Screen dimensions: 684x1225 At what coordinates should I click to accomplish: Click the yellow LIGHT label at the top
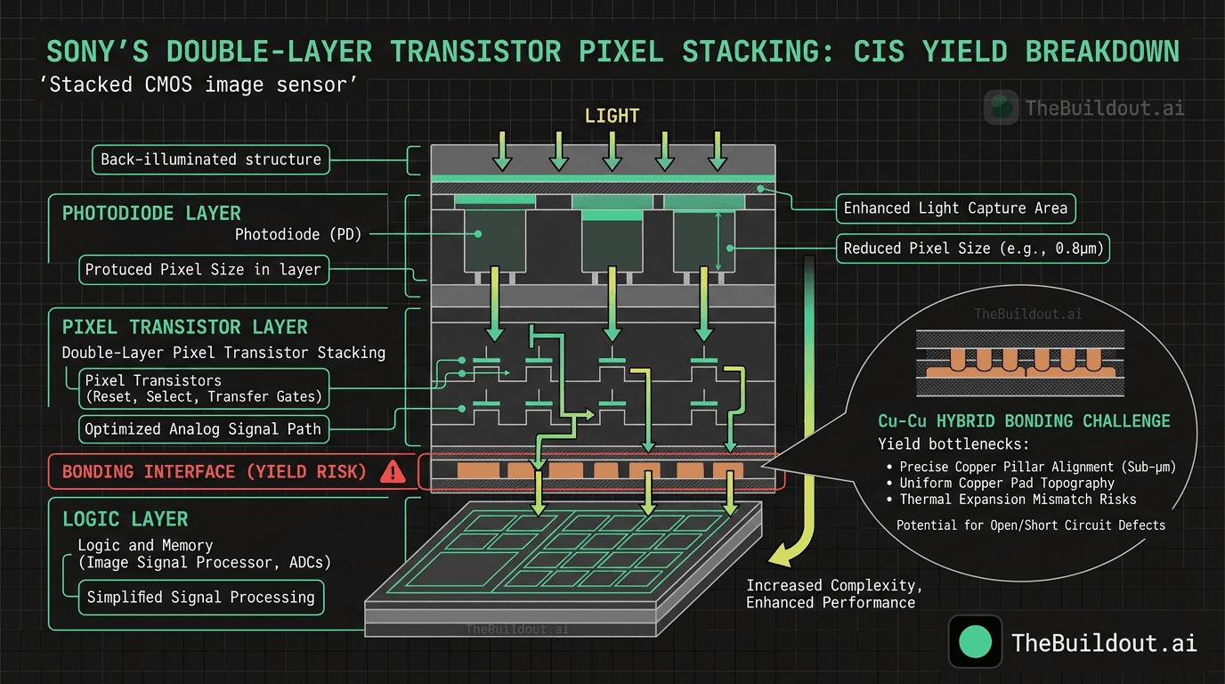[612, 116]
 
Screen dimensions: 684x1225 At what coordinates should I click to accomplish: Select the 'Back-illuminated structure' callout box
[210, 160]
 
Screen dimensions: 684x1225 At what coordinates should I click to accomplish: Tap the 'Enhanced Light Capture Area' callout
[955, 208]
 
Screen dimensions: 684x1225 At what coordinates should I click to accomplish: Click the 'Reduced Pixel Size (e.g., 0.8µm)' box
[974, 248]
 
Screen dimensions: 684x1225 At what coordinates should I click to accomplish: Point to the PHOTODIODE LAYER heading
[151, 214]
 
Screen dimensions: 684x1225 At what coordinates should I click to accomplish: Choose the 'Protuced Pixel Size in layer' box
[202, 270]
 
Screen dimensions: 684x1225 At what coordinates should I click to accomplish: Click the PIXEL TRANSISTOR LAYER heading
[185, 327]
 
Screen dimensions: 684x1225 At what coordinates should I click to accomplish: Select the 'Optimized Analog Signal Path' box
[203, 429]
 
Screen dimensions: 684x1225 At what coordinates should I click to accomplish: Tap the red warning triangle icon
[393, 472]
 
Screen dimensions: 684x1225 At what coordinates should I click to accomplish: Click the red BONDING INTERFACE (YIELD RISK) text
[214, 472]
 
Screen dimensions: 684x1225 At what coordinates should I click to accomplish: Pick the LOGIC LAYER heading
[125, 519]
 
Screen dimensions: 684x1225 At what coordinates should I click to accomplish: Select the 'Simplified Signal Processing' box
[200, 598]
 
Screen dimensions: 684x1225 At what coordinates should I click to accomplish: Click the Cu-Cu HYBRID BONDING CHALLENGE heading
[1024, 421]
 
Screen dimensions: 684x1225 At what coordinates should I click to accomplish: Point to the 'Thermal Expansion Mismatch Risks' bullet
[1018, 500]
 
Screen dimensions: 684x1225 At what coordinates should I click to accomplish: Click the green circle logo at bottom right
[978, 642]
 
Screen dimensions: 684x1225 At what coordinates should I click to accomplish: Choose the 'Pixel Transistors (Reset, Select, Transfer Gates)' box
[203, 388]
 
